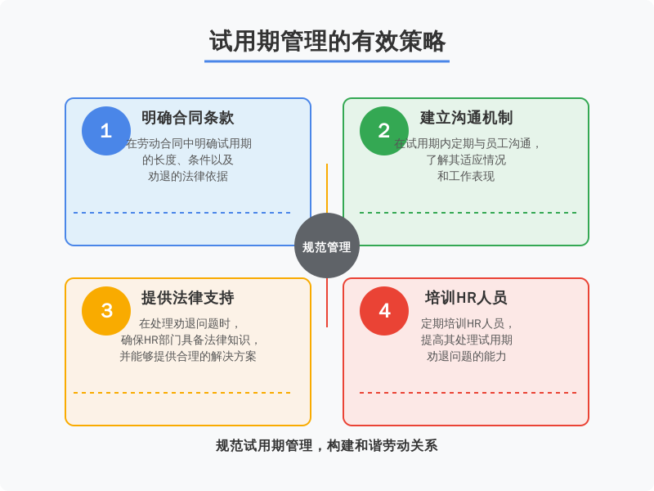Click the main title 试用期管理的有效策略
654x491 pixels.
(327, 42)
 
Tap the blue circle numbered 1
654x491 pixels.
(106, 131)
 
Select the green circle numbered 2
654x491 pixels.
(384, 131)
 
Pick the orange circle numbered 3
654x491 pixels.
(106, 311)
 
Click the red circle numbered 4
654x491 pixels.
(384, 311)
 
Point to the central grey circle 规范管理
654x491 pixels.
(327, 245)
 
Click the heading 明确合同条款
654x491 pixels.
(188, 118)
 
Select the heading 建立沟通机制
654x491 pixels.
(466, 118)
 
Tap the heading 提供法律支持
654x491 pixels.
(188, 298)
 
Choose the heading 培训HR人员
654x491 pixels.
(466, 298)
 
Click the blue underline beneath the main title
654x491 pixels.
(327, 61)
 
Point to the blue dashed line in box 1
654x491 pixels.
(182, 213)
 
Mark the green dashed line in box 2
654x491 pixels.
(468, 213)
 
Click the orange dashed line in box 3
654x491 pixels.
(182, 393)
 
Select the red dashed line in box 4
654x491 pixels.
(468, 393)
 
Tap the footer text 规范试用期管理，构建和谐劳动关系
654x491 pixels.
(327, 445)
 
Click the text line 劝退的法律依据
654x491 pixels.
(188, 176)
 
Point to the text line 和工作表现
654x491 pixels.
(466, 176)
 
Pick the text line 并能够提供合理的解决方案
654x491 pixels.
(188, 356)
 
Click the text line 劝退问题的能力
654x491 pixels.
(466, 356)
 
